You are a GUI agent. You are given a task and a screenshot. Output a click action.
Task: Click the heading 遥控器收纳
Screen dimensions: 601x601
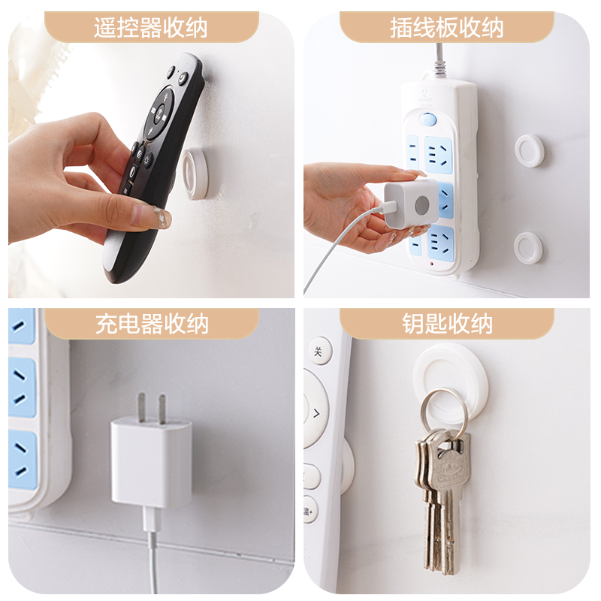151,27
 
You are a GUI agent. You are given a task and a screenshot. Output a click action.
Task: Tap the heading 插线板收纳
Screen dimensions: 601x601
446,28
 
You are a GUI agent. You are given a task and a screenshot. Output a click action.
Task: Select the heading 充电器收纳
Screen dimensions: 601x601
152,324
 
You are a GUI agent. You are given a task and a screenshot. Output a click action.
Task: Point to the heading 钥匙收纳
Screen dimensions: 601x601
447,324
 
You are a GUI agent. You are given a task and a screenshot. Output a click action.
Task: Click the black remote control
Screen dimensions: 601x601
153,168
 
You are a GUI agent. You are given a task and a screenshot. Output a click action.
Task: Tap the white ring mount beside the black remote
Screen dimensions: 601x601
195,174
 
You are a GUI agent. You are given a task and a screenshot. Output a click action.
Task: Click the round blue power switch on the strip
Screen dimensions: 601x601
427,119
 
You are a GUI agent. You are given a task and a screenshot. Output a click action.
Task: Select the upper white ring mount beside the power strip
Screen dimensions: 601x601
530,151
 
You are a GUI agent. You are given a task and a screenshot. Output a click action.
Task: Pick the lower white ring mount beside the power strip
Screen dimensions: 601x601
528,248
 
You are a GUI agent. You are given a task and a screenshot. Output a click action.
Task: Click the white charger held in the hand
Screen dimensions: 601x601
411,203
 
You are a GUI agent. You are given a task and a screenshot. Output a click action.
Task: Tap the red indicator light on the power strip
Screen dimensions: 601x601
432,264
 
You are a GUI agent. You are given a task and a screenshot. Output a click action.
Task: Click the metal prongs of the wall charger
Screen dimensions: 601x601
153,408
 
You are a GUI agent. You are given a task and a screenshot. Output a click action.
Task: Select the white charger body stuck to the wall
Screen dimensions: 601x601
152,463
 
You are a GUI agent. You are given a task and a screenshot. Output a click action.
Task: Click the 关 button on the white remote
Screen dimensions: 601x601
318,351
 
